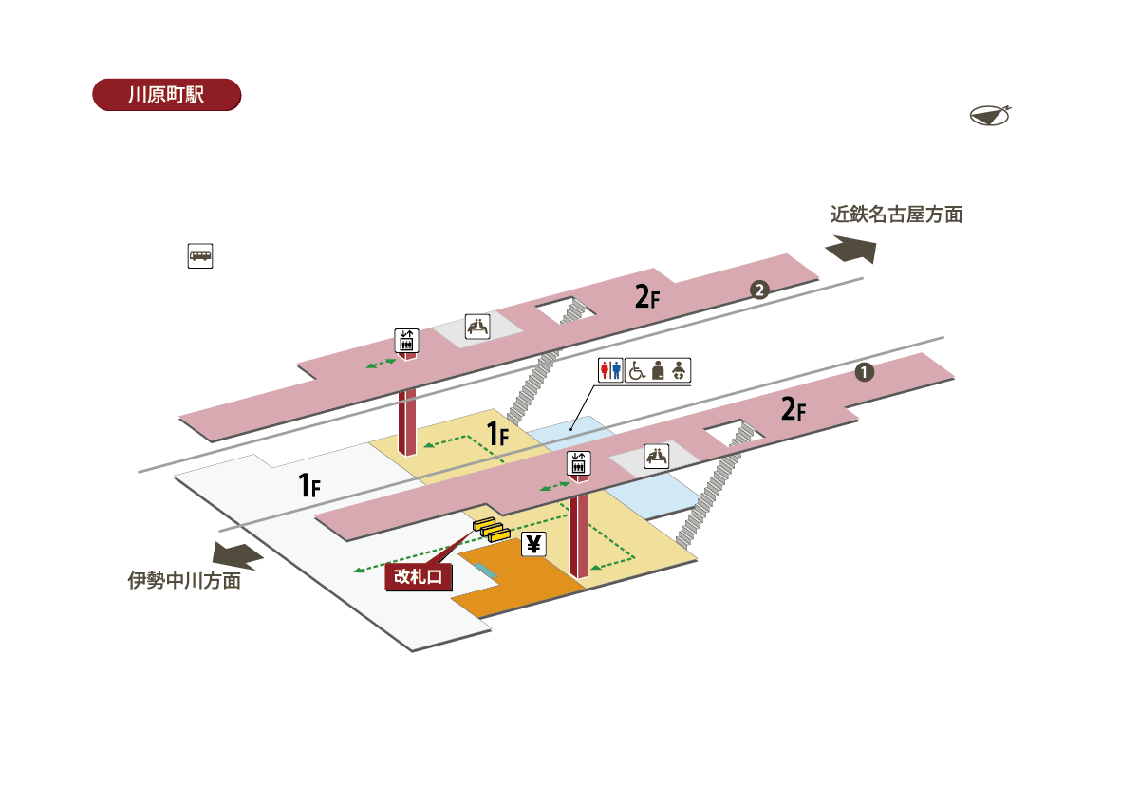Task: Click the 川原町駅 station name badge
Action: tap(167, 95)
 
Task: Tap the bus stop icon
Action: tap(200, 255)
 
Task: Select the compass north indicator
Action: tap(990, 116)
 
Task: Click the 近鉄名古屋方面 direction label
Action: tap(896, 215)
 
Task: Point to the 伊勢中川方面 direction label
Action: tap(184, 580)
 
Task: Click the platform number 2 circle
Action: tap(759, 290)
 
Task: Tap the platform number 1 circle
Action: tap(864, 372)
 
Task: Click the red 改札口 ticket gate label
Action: tap(418, 576)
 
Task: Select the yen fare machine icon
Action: tap(533, 545)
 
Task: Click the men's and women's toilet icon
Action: tap(610, 370)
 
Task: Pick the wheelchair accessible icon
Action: tap(637, 370)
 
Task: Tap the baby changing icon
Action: tap(679, 371)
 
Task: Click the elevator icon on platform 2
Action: tap(407, 341)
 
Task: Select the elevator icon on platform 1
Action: tap(579, 463)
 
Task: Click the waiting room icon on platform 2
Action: tap(478, 327)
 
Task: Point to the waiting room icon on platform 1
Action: tap(657, 457)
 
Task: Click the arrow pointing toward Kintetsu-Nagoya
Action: tap(851, 249)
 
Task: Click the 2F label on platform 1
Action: tap(794, 409)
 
